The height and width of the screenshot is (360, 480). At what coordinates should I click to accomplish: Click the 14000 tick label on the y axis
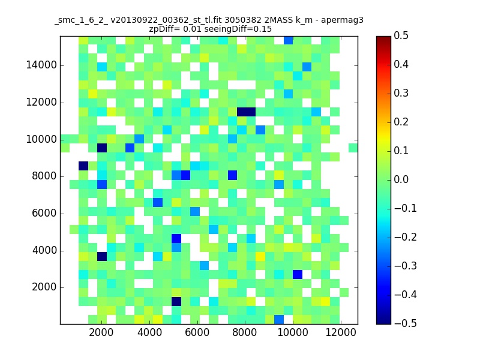tap(41, 65)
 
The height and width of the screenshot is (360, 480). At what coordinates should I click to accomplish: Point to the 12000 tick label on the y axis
tap(41, 102)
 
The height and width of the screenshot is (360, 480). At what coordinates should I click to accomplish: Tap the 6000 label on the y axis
tap(44, 213)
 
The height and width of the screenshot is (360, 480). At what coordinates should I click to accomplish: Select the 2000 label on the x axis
tap(101, 332)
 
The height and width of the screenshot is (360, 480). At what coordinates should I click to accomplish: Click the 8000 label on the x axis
tap(245, 332)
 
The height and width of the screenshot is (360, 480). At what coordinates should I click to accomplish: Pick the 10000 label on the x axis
tap(293, 332)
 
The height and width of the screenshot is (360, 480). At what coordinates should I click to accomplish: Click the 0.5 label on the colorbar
tap(401, 35)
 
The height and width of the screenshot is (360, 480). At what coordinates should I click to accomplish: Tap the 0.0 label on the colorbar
tap(401, 179)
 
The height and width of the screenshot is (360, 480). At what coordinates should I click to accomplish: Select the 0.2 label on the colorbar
tap(401, 122)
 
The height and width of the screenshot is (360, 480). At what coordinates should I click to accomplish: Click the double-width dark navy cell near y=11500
tap(246, 112)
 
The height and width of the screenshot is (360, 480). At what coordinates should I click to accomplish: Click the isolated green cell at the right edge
tap(353, 148)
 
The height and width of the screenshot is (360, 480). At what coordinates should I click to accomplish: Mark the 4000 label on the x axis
tap(149, 332)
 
